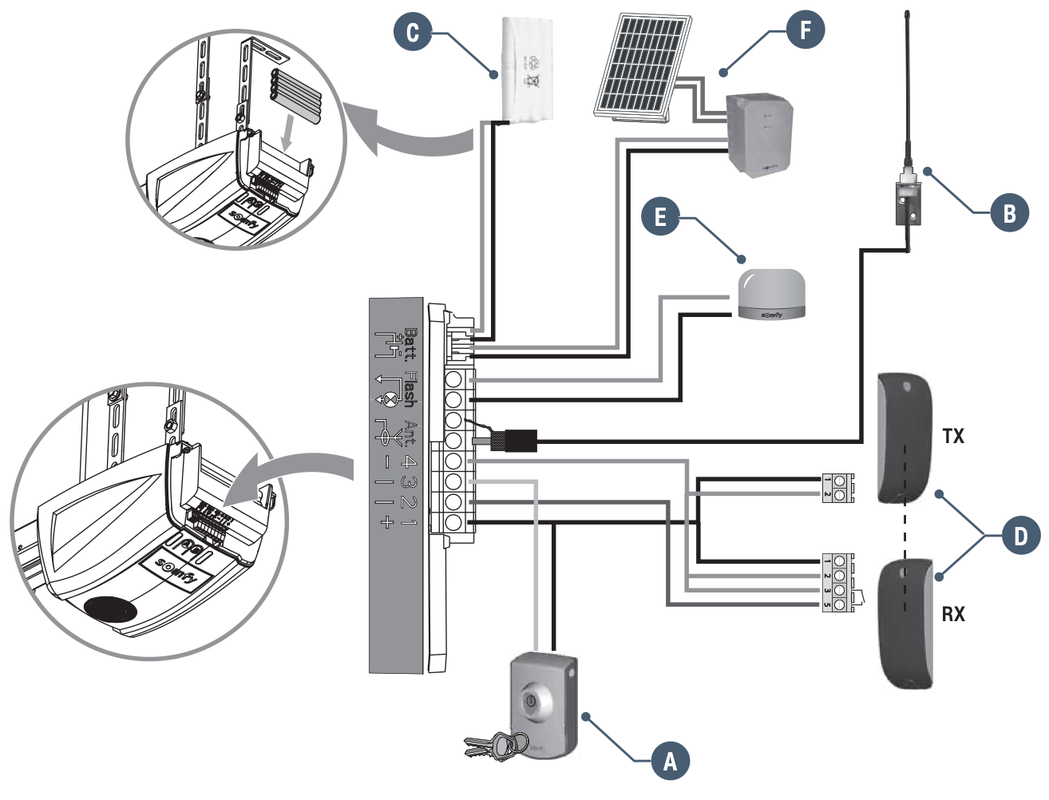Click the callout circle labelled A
(670, 761)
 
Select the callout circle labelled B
(1009, 212)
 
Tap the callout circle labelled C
(413, 32)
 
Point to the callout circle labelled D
(1020, 535)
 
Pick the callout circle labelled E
(660, 216)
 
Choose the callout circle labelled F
(805, 30)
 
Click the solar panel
(643, 67)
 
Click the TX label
(953, 436)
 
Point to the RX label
(953, 614)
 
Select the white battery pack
(528, 69)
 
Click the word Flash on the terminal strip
(410, 389)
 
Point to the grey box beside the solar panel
(759, 133)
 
